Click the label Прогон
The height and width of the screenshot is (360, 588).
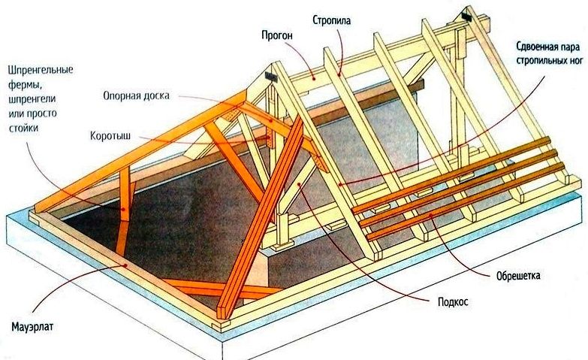coord(277,35)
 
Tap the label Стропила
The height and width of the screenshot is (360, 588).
coord(332,20)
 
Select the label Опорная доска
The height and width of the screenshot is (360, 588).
coord(136,95)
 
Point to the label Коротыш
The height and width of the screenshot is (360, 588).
coord(110,135)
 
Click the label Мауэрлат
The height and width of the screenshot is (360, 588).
coord(32,327)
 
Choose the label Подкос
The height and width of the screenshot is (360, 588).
coord(453,302)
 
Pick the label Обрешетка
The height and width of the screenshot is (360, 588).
coord(518,276)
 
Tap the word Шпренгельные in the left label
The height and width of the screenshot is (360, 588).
coord(41,71)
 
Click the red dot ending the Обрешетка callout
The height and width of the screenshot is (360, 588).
coord(430,216)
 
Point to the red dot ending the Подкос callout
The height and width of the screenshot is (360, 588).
coord(299,184)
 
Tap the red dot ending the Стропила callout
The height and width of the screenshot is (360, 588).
coord(339,74)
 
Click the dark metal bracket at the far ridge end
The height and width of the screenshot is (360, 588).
coord(466,16)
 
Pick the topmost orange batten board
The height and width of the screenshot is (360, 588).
coord(451,174)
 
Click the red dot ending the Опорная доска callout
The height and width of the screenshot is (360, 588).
coord(272,120)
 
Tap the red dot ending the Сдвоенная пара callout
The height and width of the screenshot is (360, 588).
coord(339,183)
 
